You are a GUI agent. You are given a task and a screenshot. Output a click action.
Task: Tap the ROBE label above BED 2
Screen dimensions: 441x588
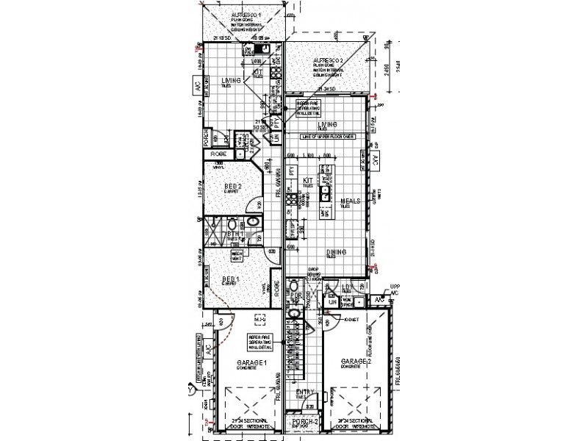point(218,154)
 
